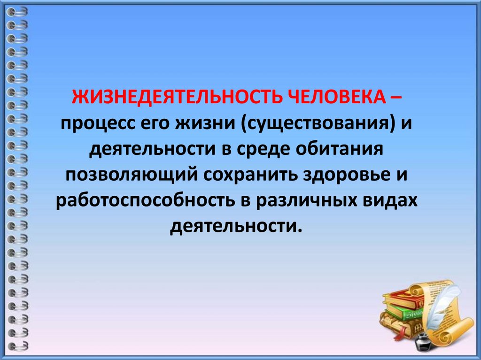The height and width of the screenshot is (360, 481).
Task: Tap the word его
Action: coord(155,126)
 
